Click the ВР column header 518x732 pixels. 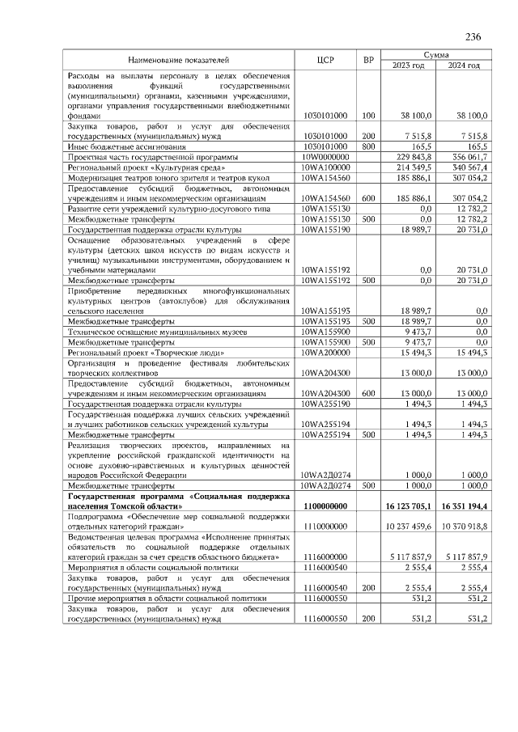[368, 60]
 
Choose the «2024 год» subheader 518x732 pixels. [465, 66]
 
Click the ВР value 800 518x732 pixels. [368, 146]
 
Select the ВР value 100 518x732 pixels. [368, 116]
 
